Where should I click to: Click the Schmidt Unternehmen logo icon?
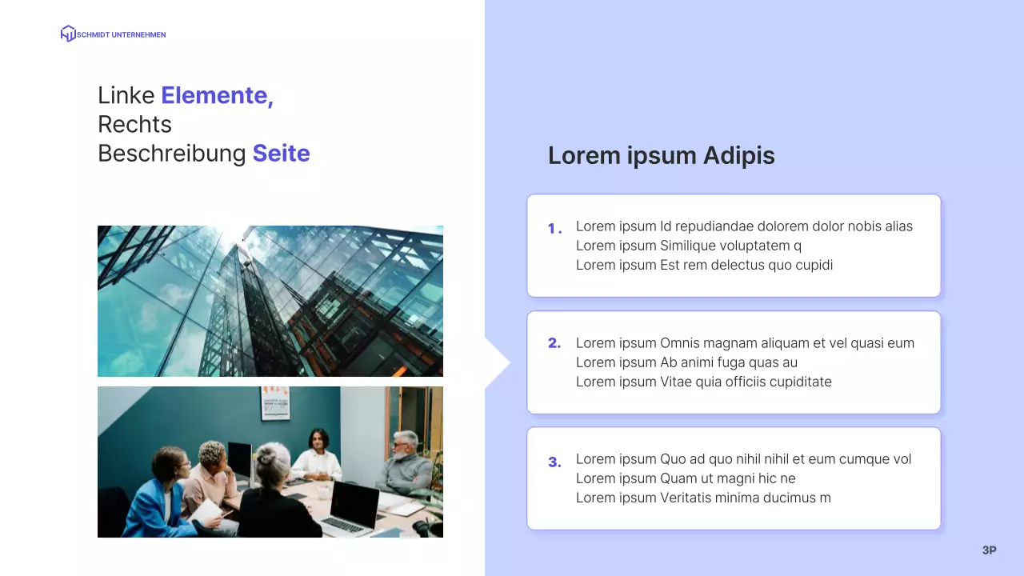(x=68, y=34)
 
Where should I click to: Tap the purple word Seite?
(x=281, y=153)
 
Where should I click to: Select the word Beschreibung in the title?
(x=171, y=153)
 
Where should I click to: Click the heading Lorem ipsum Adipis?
(x=661, y=155)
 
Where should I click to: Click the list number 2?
(x=554, y=343)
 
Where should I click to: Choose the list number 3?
(x=554, y=462)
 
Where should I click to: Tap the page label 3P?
(x=989, y=550)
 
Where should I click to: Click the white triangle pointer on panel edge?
(x=496, y=363)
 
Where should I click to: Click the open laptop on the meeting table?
(x=352, y=509)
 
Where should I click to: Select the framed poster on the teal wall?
(x=274, y=402)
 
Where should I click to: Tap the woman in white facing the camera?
(x=318, y=456)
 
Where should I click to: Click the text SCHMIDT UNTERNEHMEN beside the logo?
(x=121, y=34)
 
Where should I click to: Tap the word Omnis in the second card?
(x=680, y=343)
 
